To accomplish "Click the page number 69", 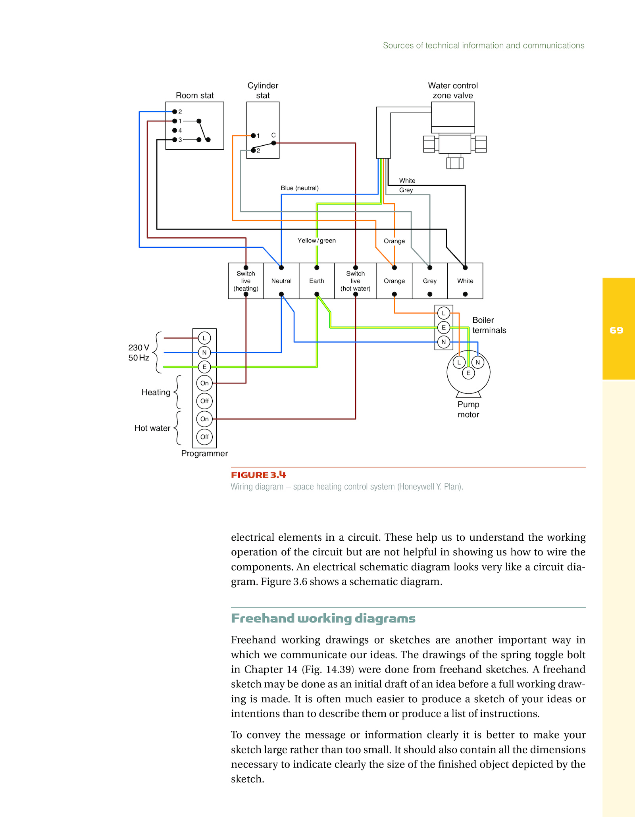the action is click(x=616, y=330).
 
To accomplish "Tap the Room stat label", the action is click(x=194, y=95).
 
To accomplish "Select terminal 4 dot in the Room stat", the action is click(x=175, y=130).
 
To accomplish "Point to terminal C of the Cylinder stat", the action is click(x=273, y=143).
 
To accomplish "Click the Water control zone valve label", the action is click(x=453, y=91).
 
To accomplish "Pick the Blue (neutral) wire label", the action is click(x=300, y=188).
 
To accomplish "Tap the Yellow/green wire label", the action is click(x=317, y=241).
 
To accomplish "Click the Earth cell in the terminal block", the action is click(x=317, y=281).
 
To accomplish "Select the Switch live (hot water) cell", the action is click(x=356, y=281).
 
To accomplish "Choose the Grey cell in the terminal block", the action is click(x=430, y=281).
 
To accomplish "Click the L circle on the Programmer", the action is click(x=204, y=338).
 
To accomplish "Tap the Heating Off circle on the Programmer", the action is click(x=204, y=401).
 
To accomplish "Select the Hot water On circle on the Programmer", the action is click(x=204, y=419).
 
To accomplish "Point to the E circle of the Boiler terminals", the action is click(x=444, y=328).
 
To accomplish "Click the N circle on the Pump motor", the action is click(x=478, y=362).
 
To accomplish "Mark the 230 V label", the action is click(x=139, y=347).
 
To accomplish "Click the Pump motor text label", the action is click(x=468, y=409).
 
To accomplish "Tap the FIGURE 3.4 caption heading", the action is click(x=258, y=475).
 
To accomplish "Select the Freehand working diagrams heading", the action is click(x=323, y=619).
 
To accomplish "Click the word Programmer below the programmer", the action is click(x=204, y=453).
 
